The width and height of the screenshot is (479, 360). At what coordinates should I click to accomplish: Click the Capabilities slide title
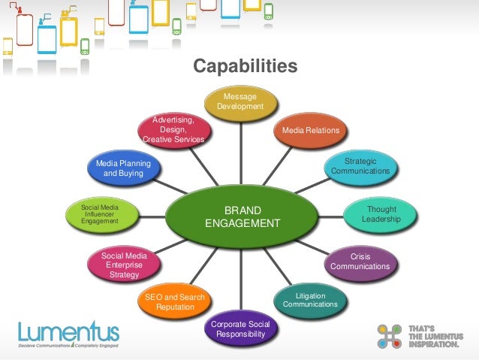point(245,68)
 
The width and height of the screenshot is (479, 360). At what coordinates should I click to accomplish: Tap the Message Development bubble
point(240,103)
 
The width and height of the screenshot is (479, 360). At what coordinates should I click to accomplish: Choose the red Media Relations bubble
point(310,131)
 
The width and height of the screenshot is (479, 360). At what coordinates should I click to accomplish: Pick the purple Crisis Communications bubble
point(360,262)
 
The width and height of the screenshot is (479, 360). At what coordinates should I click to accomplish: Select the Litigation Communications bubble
point(309,300)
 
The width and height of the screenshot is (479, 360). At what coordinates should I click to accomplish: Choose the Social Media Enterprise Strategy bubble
point(123,265)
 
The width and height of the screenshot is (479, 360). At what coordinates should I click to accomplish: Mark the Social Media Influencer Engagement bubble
point(103,213)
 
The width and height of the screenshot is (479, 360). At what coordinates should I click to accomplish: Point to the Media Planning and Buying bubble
point(122,168)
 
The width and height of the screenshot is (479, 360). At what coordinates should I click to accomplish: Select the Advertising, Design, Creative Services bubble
point(173,129)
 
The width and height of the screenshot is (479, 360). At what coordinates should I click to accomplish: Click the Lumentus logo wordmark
point(68,331)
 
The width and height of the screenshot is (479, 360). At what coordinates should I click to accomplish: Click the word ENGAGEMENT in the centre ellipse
point(242,223)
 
